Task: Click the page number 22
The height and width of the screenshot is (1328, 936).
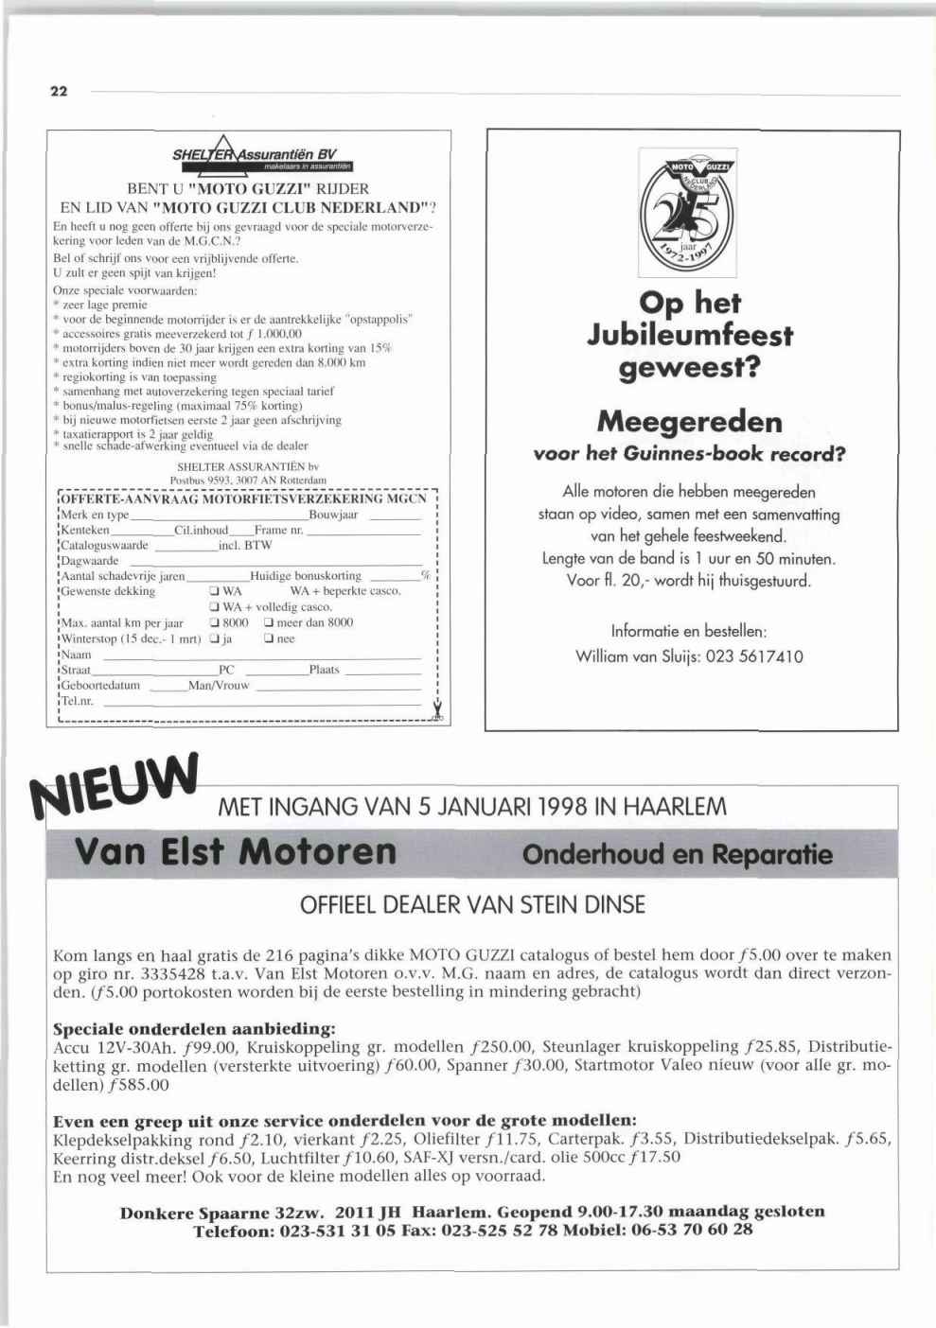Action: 59,92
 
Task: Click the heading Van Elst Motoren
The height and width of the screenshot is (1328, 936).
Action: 235,851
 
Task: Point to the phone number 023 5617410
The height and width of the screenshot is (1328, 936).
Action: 755,656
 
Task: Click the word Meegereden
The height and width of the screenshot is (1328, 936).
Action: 690,421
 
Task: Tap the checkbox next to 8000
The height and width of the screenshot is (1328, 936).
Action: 215,623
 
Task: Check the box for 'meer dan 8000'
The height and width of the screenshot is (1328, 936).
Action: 269,623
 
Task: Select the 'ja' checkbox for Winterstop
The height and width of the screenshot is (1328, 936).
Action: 215,639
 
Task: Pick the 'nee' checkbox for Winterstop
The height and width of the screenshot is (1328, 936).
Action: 269,639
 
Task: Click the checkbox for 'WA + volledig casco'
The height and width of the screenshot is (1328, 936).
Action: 215,607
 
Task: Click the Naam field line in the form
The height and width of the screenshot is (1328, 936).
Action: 260,656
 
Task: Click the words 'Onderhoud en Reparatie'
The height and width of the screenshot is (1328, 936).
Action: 678,854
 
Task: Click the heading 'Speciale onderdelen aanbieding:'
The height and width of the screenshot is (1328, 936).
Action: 194,1028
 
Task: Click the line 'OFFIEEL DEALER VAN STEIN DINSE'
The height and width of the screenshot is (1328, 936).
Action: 472,905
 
